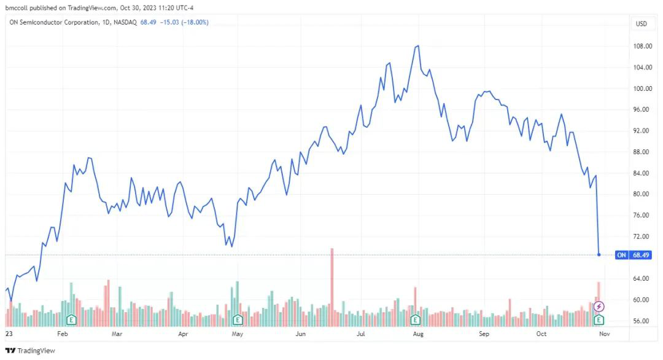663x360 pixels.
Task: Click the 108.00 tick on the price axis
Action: click(642, 46)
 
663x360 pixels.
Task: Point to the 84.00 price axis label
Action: click(642, 173)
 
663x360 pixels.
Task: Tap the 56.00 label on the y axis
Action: click(642, 321)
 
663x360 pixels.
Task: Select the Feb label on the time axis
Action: click(62, 334)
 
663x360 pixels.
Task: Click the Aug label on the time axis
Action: click(418, 334)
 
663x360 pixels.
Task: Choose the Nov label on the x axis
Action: click(604, 334)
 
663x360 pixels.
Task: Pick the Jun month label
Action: click(300, 334)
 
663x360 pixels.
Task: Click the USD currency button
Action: click(642, 24)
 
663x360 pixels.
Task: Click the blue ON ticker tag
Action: click(622, 255)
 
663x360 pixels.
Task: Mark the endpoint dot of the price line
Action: click(599, 254)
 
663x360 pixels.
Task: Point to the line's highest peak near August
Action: click(417, 46)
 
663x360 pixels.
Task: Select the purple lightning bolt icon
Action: click(600, 306)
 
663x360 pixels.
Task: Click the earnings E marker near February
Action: click(71, 319)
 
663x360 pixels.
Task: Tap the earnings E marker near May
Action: click(238, 319)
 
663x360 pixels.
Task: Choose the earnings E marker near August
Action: click(416, 319)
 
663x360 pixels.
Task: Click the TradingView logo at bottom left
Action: click(29, 350)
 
